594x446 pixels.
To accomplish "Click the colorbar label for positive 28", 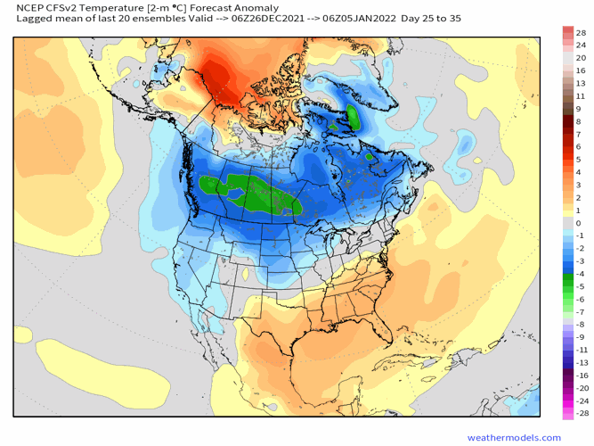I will pyautogui.click(x=581, y=32).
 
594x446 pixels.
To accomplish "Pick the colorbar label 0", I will pyautogui.click(x=578, y=223).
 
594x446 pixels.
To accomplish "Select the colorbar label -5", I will pyautogui.click(x=580, y=286).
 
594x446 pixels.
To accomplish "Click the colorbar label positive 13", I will pyautogui.click(x=581, y=83).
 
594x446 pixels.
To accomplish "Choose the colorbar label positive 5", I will pyautogui.click(x=578, y=160).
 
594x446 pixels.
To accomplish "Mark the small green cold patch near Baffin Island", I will pyautogui.click(x=354, y=116).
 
